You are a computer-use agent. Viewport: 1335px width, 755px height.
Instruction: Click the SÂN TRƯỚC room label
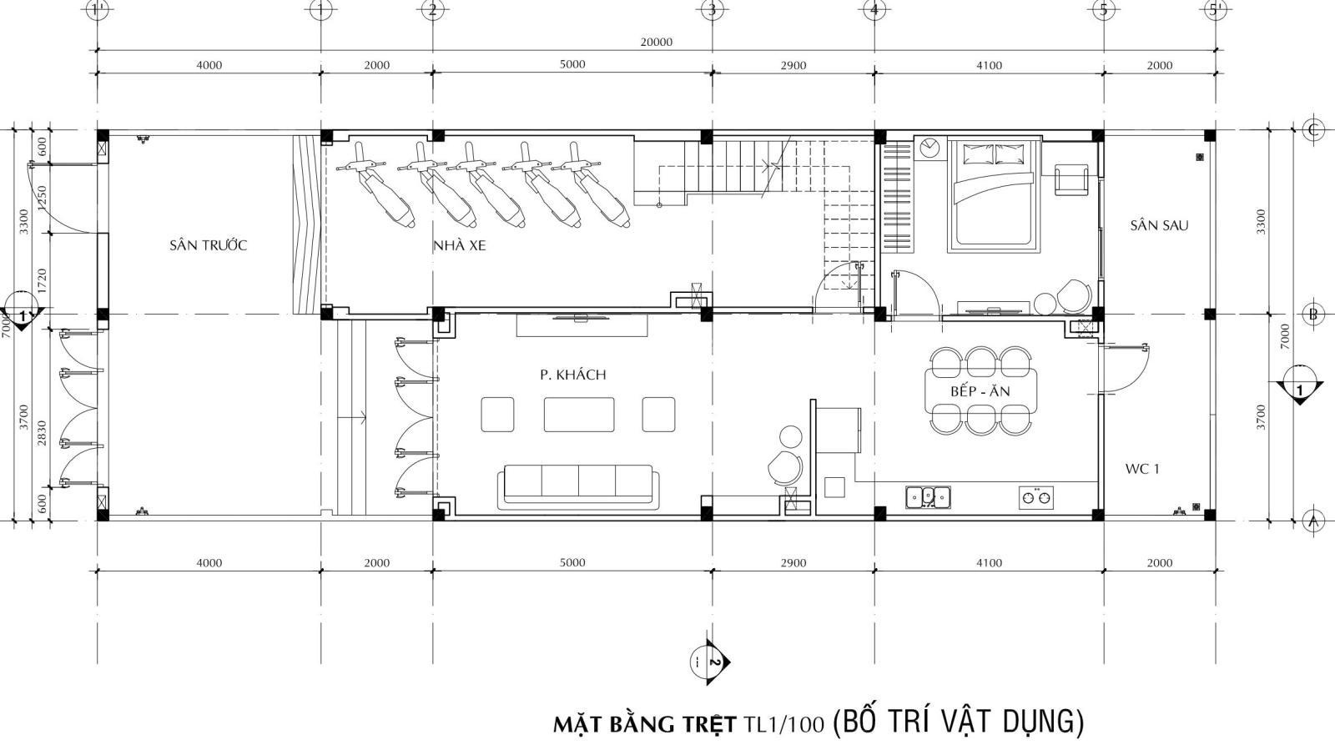coord(208,245)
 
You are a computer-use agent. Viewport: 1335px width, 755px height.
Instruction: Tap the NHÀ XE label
coord(460,245)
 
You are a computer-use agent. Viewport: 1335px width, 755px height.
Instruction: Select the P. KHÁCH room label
coord(572,375)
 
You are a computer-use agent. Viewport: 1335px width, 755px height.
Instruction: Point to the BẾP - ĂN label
coord(980,391)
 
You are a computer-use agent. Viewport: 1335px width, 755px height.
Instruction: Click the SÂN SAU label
coord(1159,225)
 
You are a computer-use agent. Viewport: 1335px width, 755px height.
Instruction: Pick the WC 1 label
coord(1142,469)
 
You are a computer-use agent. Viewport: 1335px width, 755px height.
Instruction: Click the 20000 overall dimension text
coord(656,42)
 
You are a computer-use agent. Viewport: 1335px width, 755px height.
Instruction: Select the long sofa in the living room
coord(579,487)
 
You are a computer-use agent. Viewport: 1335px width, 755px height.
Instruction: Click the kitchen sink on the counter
coord(928,497)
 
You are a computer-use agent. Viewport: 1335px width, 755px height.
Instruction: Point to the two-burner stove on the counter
coord(1035,497)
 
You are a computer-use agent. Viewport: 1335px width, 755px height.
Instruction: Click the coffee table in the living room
coord(579,415)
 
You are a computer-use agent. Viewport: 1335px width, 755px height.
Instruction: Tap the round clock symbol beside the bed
coord(929,147)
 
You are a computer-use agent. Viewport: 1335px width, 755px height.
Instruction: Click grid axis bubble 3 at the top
coord(712,10)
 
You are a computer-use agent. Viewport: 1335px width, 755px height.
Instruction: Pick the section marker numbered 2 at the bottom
coord(709,662)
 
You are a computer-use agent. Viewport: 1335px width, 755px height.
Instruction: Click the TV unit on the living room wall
coord(582,325)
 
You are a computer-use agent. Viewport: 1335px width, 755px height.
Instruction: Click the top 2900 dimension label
coord(793,66)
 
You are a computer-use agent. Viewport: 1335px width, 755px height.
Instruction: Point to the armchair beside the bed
coord(1071,179)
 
